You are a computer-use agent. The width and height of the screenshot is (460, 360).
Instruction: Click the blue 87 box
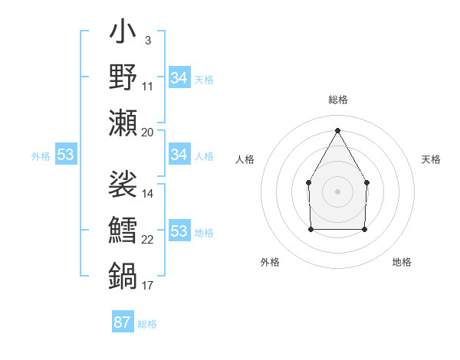point(122,322)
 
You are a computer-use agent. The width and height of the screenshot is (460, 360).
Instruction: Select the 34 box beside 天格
point(179,77)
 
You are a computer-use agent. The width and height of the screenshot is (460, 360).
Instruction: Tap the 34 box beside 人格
point(179,155)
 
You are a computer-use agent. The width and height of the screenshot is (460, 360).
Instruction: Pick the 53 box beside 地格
point(179,231)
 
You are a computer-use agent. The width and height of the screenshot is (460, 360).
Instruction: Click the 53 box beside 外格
point(65,155)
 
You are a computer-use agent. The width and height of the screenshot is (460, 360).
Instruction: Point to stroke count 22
point(148,240)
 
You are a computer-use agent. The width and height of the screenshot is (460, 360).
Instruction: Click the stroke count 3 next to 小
point(147,40)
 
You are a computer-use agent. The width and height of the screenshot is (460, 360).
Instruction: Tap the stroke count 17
point(148,286)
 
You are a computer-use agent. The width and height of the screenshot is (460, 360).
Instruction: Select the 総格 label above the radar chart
point(337,100)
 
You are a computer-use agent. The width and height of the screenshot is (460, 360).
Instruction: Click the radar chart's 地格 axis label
point(402,262)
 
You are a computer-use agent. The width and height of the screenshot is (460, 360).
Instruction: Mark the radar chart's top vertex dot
point(337,129)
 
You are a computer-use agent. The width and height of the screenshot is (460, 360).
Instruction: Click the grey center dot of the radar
point(337,191)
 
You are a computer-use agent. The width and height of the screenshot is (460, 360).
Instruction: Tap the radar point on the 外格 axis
point(310,228)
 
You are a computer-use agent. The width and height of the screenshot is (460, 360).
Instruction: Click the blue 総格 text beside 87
point(147,324)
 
